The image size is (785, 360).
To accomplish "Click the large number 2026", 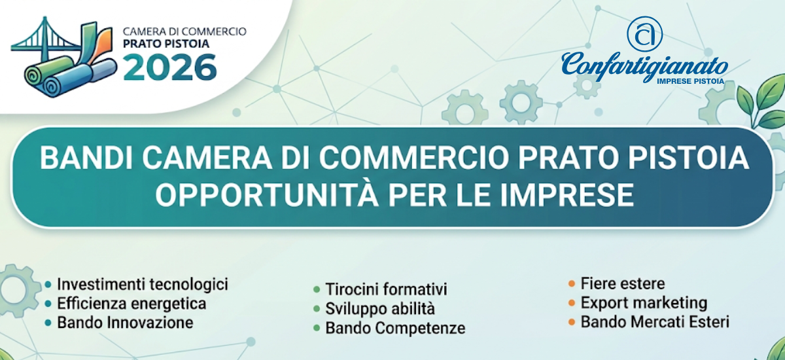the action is (x=170, y=67).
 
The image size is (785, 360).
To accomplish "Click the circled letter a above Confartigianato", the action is (x=644, y=34).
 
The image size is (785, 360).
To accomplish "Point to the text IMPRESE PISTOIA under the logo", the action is (x=690, y=81).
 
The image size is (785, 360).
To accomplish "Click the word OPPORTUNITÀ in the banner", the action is (x=267, y=194).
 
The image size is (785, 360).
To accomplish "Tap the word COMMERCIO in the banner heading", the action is (x=413, y=158).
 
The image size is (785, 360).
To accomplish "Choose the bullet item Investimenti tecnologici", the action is (x=143, y=284).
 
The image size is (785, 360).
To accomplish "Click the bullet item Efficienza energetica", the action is (x=131, y=304).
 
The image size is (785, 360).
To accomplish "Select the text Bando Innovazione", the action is (x=125, y=323).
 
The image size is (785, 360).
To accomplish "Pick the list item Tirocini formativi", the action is (x=386, y=289).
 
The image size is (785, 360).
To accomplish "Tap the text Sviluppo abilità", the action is (x=380, y=309).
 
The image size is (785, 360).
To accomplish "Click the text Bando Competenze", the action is (x=395, y=329).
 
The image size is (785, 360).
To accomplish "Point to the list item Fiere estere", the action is (x=623, y=283).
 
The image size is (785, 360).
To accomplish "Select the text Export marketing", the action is (x=644, y=303).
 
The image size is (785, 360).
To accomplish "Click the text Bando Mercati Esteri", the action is (x=655, y=322).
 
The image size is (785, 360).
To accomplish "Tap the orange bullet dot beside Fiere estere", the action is (x=572, y=283).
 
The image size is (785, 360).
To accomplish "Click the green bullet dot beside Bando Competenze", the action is (x=317, y=329).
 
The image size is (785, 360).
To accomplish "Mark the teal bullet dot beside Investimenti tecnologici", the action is (x=48, y=285).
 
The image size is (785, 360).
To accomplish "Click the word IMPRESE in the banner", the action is (x=567, y=194).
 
